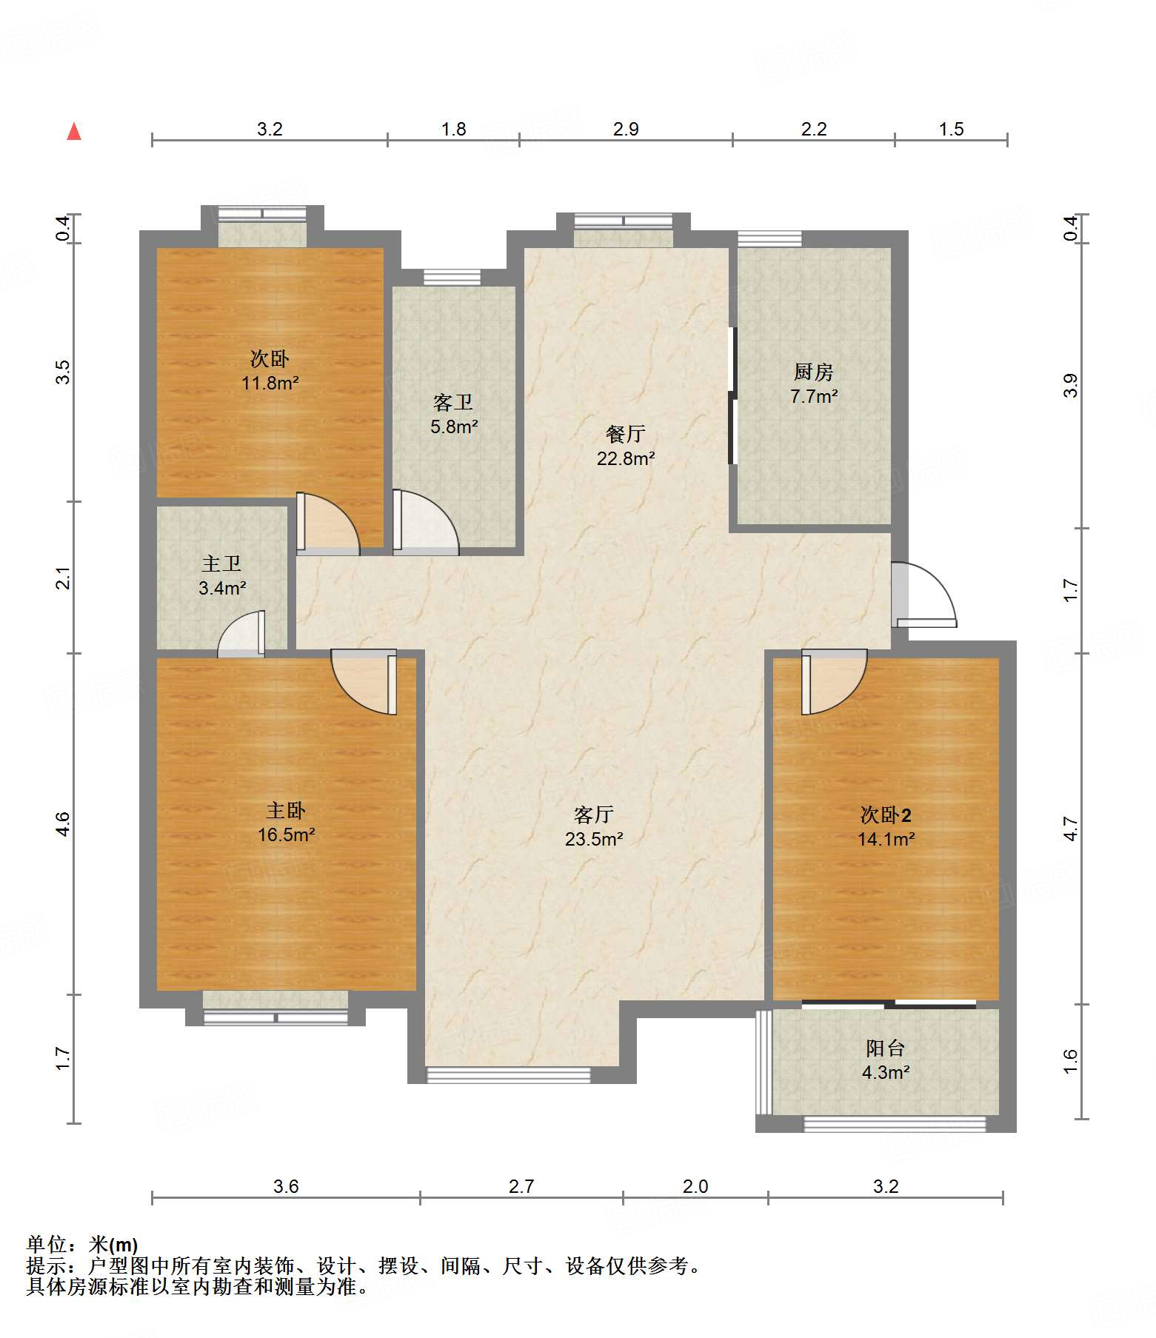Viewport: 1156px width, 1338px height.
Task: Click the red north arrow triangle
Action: [74, 131]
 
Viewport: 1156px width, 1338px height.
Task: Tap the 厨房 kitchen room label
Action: [814, 384]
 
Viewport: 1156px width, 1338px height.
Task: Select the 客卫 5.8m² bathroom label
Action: [454, 414]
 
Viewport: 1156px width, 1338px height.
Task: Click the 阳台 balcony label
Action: [886, 1060]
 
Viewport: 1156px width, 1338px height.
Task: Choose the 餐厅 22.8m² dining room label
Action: [626, 446]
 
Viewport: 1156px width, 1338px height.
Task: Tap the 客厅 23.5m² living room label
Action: [594, 826]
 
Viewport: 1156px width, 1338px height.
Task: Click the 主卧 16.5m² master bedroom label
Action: [286, 822]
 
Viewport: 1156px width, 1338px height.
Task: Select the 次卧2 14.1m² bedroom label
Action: [886, 826]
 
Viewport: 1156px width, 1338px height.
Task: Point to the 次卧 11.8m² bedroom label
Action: [270, 370]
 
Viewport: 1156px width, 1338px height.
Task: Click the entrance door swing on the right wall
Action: [924, 595]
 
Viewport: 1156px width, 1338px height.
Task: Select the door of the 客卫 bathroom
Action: [426, 522]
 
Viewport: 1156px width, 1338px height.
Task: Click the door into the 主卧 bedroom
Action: [364, 682]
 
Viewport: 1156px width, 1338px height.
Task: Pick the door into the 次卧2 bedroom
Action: [835, 682]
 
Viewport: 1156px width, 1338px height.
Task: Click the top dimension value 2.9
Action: [626, 130]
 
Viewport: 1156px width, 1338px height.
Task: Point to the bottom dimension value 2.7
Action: [521, 1187]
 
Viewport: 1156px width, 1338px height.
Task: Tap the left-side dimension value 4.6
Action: [63, 824]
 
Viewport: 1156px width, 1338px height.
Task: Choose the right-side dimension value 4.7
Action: [1071, 829]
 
